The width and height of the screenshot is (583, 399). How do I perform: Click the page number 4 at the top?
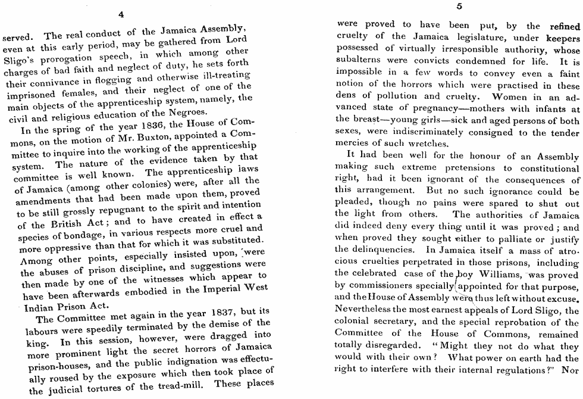121,15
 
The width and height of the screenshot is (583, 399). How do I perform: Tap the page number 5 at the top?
459,7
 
